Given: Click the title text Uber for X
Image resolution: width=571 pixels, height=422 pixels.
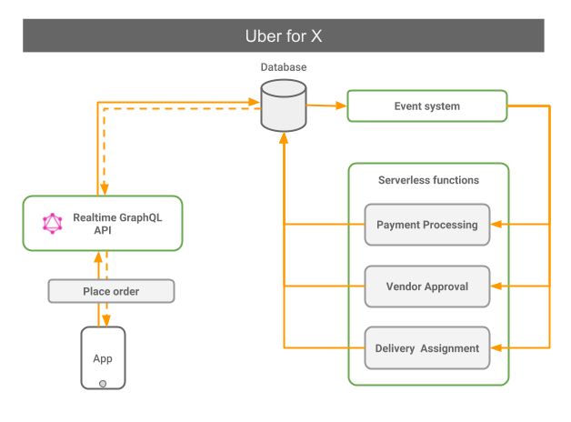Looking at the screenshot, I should tap(285, 36).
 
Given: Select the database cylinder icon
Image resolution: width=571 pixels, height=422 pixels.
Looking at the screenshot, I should tap(283, 105).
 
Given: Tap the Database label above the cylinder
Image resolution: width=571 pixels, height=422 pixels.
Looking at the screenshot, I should tap(283, 67).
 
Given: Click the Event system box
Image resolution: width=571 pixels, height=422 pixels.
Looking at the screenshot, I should tap(426, 106).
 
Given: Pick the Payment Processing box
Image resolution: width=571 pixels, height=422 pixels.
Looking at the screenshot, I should tap(426, 225).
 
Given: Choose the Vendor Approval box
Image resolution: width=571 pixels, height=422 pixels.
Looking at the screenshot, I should tap(426, 286).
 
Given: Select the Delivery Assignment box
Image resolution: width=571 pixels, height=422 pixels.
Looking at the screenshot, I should tap(426, 347).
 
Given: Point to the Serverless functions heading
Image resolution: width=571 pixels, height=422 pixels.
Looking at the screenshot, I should tap(428, 180).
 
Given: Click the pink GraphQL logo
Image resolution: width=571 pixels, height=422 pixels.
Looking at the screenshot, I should tap(52, 223).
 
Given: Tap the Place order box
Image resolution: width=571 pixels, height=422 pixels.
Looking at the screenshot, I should tap(110, 291).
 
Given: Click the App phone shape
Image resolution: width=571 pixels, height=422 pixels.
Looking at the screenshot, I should tap(103, 358).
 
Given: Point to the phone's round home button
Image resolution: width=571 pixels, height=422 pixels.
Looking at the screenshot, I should tap(103, 383).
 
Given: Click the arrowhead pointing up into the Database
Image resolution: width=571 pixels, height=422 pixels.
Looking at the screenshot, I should tap(284, 136).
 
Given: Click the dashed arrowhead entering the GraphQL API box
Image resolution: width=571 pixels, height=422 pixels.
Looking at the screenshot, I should tap(105, 190).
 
